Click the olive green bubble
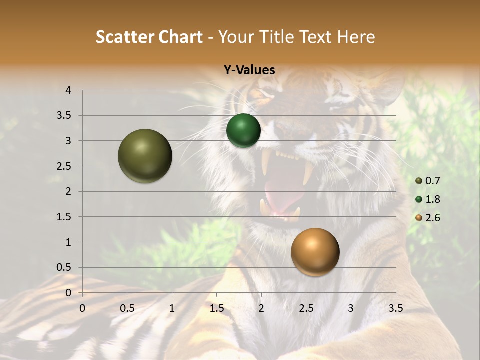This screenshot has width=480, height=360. [x=145, y=156]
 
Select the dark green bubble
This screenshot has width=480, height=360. [x=243, y=130]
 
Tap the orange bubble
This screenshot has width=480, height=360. [x=315, y=252]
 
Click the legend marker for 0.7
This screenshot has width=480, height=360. [x=419, y=181]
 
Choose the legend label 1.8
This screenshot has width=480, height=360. [x=433, y=199]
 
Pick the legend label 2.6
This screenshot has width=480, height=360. [x=433, y=218]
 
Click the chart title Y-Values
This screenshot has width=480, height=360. [x=249, y=70]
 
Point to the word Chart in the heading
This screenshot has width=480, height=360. [x=181, y=37]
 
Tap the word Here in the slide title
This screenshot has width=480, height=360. [x=356, y=37]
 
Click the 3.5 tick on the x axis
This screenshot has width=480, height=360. [x=395, y=308]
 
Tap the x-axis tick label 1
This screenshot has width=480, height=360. [x=172, y=308]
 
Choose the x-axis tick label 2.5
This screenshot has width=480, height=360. [x=306, y=308]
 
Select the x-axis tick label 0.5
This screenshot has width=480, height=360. [x=127, y=308]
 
